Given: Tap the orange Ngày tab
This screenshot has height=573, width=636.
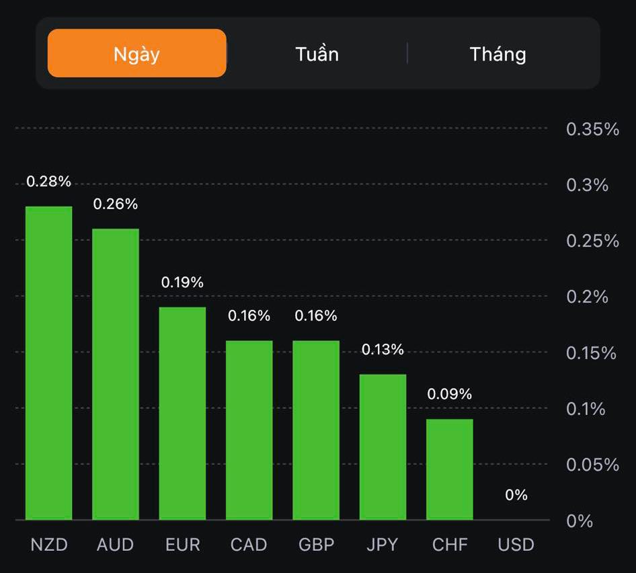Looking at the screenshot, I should coord(136,53).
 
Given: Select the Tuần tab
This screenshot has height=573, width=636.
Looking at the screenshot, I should coord(317,54).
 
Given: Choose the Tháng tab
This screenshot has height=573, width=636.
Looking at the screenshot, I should coord(498,54).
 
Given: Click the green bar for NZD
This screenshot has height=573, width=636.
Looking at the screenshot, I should coord(49,363).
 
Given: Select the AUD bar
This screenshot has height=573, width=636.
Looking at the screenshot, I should coord(116,374).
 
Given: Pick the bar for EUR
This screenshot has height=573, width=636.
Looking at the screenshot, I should coord(182,413).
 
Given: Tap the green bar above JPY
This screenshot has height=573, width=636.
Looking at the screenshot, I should coord(383,447).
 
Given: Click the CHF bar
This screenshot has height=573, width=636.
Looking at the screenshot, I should coord(450,469).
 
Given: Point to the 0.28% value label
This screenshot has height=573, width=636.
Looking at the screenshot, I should coord(48,182).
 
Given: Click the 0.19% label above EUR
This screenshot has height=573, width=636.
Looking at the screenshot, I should coord(182,282).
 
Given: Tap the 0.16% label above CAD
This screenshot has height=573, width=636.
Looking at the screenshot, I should coord(249,315).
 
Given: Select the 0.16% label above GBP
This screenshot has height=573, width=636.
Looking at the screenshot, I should coord(316,315).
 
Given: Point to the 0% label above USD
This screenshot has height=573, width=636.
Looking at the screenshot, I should coord(516,495).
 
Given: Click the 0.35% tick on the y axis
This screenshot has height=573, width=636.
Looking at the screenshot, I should coord(592,129).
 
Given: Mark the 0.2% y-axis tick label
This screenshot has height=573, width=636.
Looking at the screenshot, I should coord(587,297).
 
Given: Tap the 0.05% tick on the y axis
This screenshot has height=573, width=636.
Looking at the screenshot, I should coord(592,465).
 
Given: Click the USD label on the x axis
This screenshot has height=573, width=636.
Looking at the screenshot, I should coord(516,544).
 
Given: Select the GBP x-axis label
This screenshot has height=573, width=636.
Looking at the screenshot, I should coord(316,544).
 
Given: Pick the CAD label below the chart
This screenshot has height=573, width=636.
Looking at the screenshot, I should coord(249,544).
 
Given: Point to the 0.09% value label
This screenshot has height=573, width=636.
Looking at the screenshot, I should coord(450,394).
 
